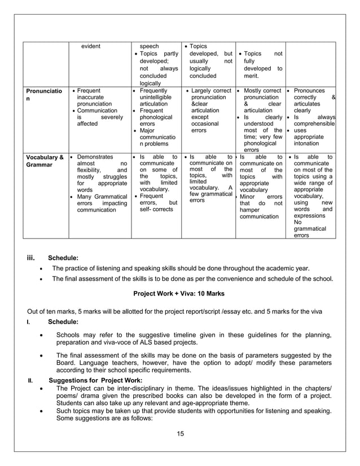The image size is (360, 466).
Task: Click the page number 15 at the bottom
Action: click(x=180, y=433)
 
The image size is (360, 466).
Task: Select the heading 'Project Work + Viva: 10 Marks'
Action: click(x=179, y=294)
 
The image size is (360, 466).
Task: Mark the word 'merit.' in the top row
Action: click(x=251, y=76)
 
